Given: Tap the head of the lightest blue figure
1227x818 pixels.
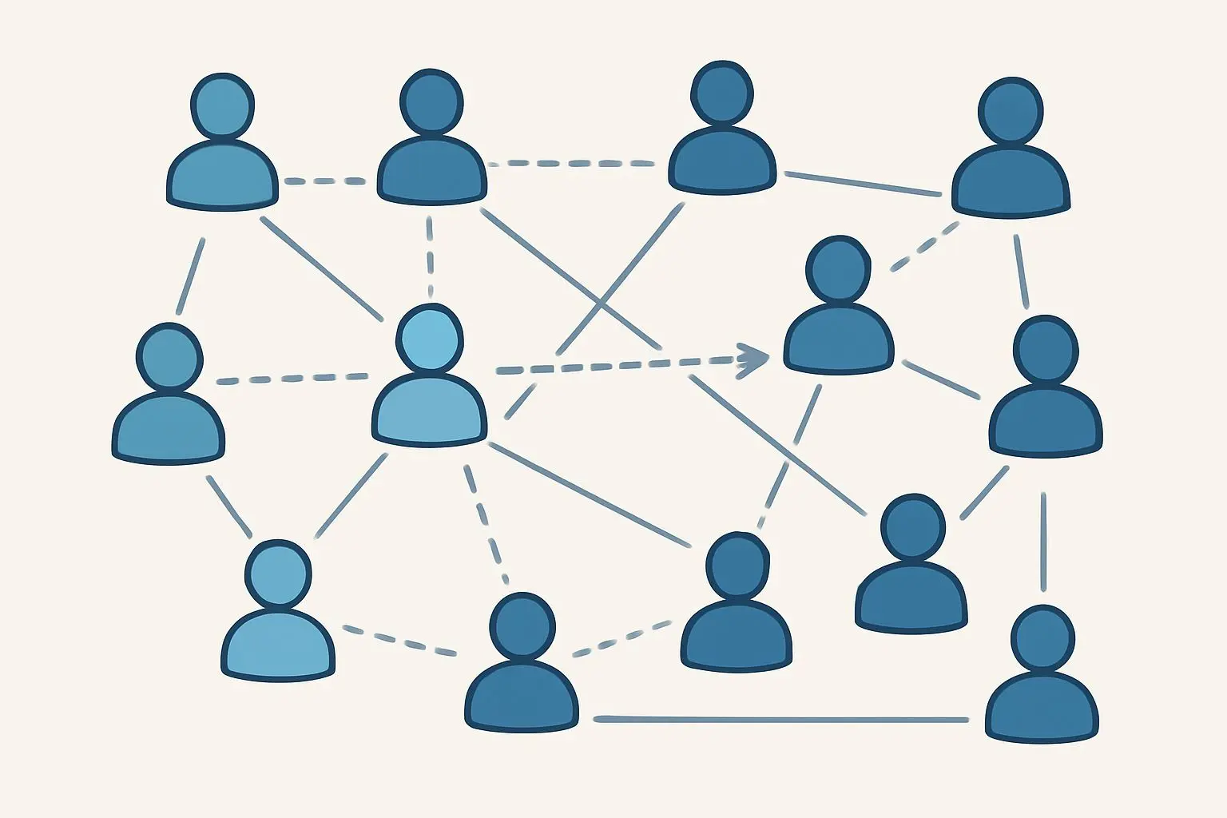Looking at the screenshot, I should pos(430,338).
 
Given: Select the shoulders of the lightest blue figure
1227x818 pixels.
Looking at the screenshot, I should pos(430,411).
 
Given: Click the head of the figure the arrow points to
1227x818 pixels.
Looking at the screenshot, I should pos(837,268).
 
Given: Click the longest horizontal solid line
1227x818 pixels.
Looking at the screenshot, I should pos(780,720).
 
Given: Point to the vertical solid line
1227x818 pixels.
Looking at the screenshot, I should pos(1043,542).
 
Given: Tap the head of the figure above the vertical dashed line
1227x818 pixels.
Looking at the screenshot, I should pos(431,101).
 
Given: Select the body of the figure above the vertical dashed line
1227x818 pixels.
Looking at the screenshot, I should pos(431,170).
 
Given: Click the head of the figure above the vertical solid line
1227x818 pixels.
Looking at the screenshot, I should pos(1046,350).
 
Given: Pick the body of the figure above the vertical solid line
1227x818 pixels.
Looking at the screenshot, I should pos(1046,421).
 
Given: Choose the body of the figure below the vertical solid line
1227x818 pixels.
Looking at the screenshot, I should pos(1042,708).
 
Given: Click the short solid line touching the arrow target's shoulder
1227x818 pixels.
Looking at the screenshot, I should pos(941,379).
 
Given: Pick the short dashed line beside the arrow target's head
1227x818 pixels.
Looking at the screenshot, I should pos(924,247).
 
